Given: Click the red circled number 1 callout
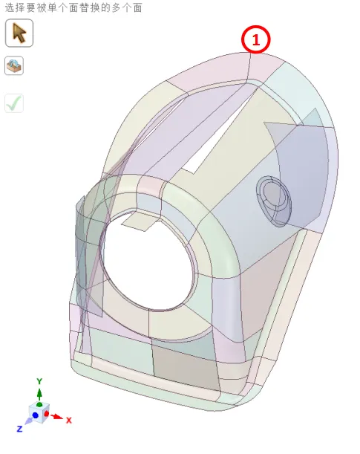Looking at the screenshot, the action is [x=255, y=39].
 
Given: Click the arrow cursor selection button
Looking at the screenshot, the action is [x=19, y=33].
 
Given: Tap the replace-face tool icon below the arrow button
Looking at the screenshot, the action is [x=14, y=65].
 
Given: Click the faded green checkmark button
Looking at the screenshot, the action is [x=14, y=103].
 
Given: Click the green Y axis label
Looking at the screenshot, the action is [x=39, y=381].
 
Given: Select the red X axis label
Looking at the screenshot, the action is [x=69, y=420].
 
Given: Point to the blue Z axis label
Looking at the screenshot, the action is [x=19, y=429].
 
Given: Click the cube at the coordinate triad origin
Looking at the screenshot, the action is [x=39, y=412].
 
